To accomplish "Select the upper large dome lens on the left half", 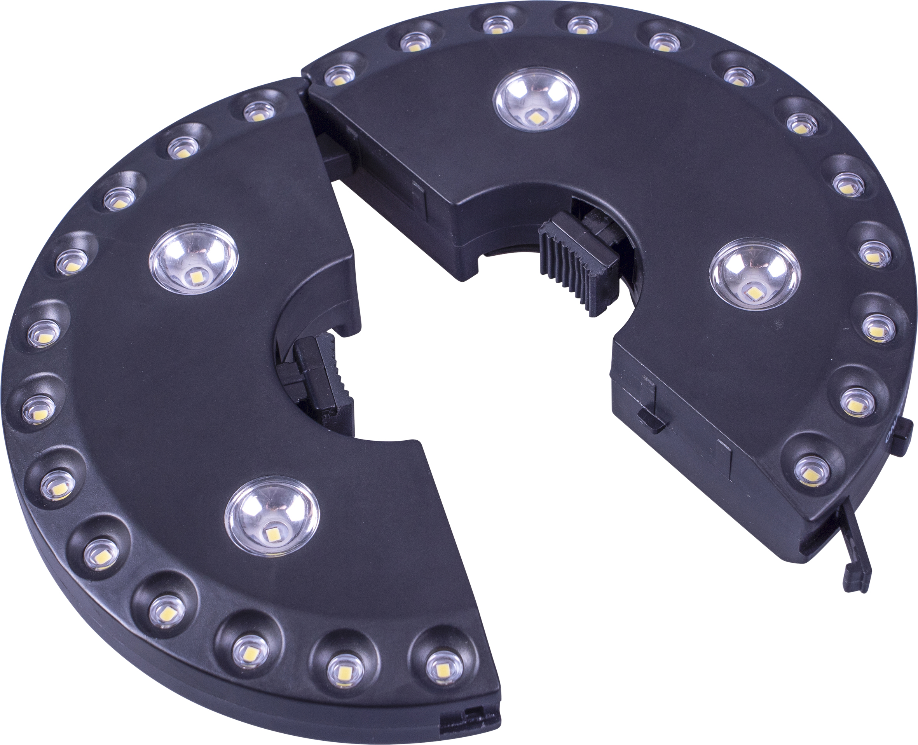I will [x=194, y=262].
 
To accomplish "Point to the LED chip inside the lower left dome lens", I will [x=271, y=534].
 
